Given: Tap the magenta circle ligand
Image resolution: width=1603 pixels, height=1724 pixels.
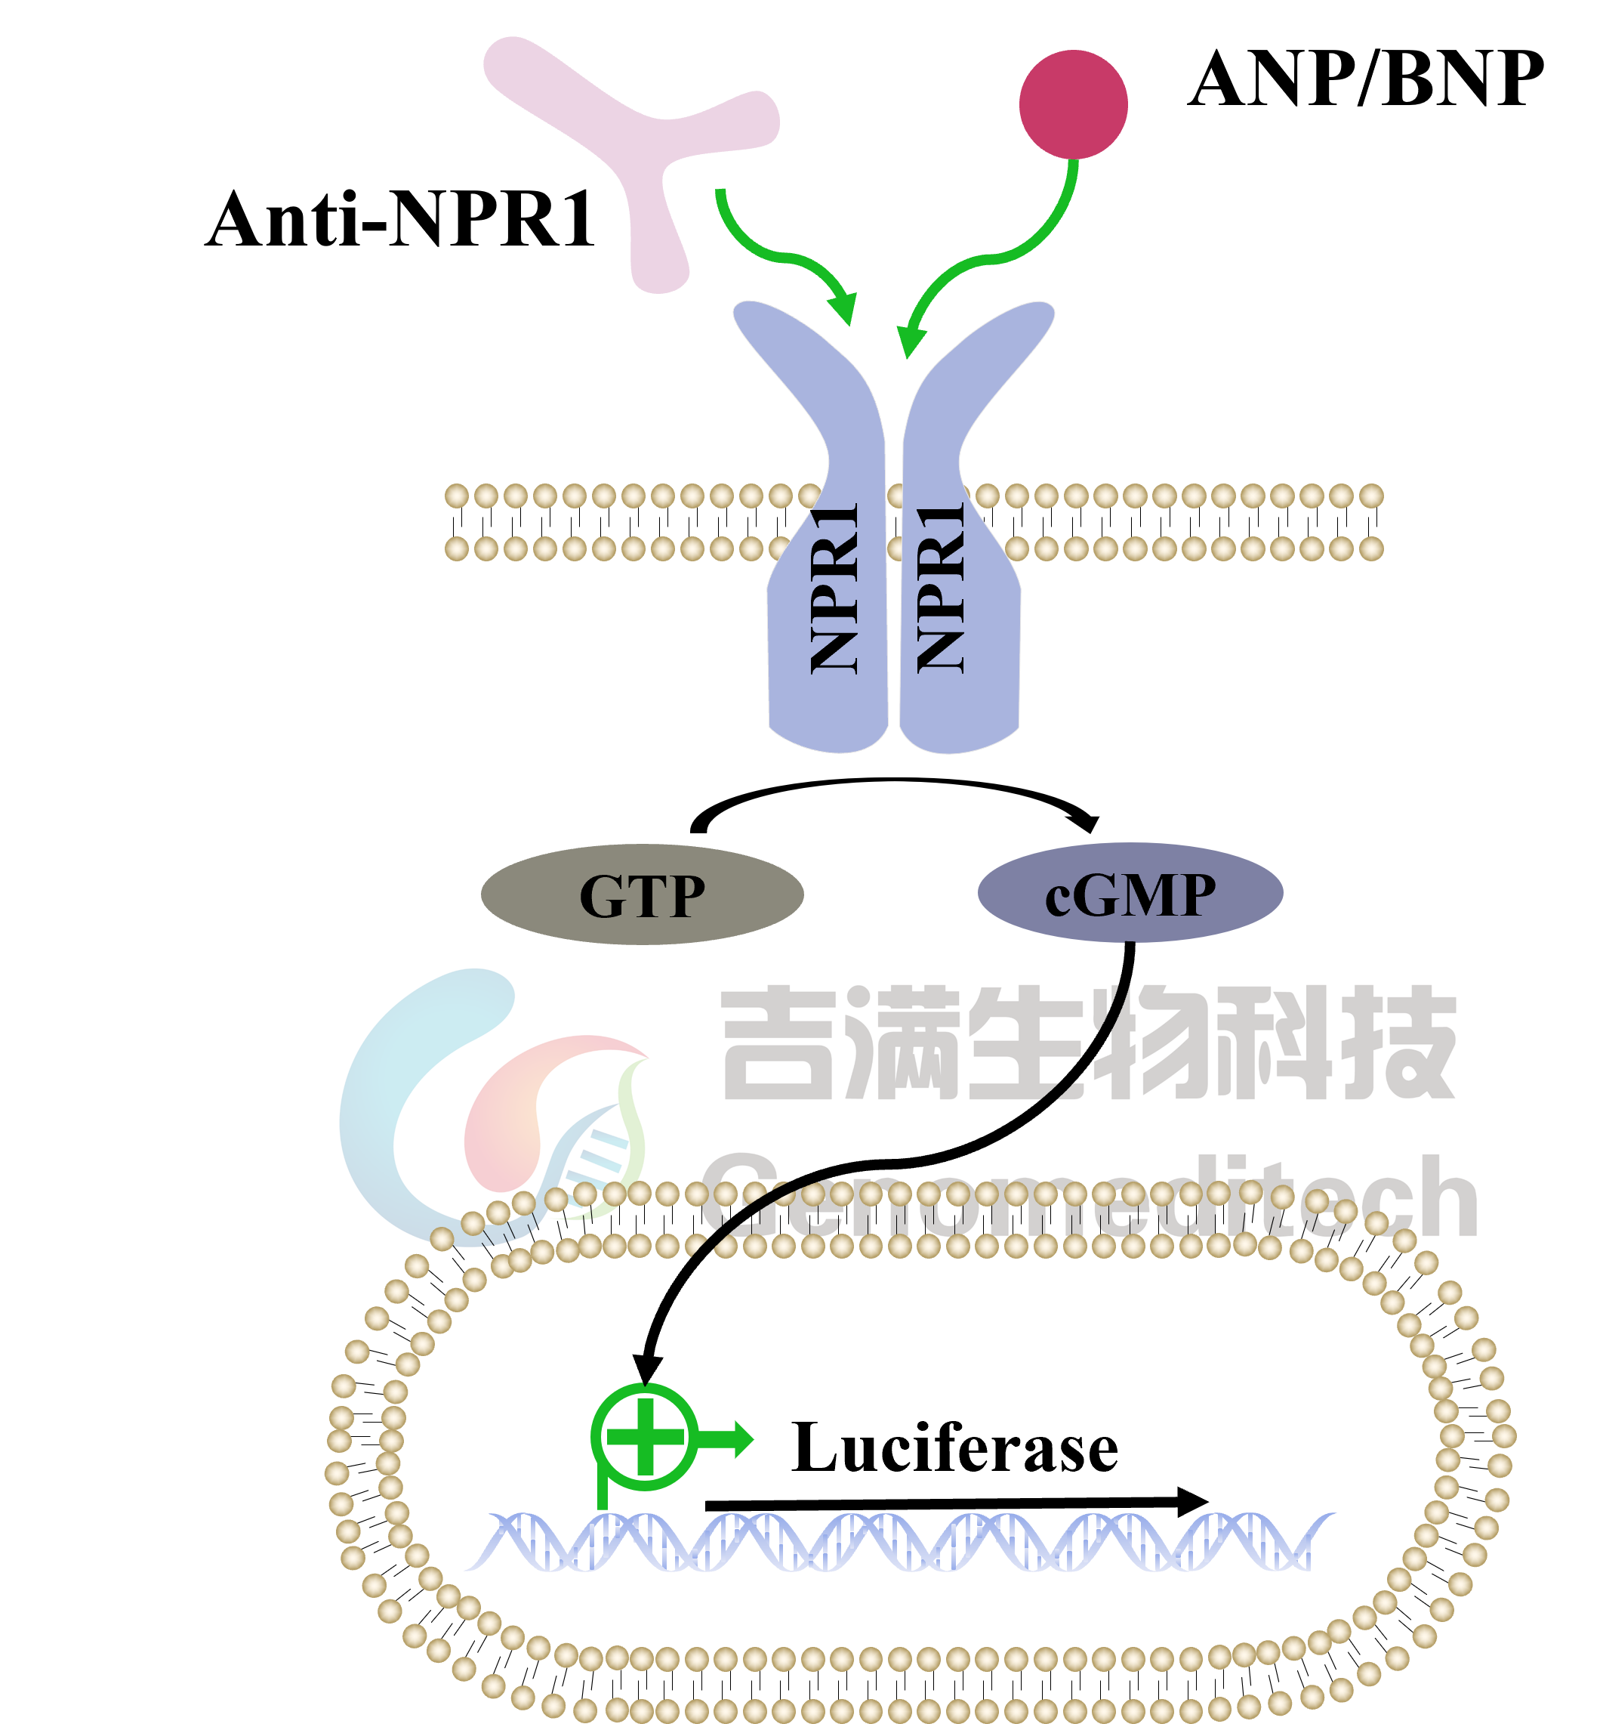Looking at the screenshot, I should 1073,104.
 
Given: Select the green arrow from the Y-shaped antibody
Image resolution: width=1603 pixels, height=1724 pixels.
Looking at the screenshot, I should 780,256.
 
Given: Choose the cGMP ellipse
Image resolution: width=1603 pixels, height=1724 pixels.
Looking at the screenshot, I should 1130,893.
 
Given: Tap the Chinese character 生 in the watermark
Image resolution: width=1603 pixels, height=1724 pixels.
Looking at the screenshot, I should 1023,1044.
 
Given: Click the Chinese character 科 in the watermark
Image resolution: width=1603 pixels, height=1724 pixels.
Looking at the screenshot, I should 1275,1044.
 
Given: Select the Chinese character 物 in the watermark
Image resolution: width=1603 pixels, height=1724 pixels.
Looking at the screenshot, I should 1148,1044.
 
